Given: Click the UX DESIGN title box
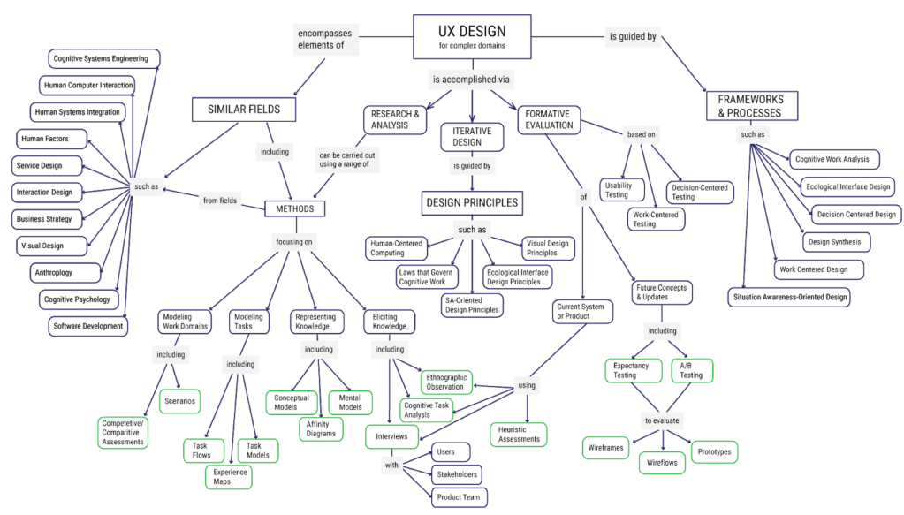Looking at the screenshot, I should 472,38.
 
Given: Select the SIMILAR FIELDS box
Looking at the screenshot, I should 243,109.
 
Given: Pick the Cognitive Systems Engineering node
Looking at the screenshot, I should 105,59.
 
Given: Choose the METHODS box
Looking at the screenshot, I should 295,208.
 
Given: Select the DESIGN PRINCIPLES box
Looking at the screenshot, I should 470,202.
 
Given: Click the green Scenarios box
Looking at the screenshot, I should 179,400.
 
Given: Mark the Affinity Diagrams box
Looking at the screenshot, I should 319,428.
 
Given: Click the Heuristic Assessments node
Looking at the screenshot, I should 519,434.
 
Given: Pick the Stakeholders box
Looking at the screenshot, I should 457,474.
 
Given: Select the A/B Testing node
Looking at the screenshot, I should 691,370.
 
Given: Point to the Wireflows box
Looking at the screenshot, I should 662,461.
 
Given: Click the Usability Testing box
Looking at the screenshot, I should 617,189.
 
